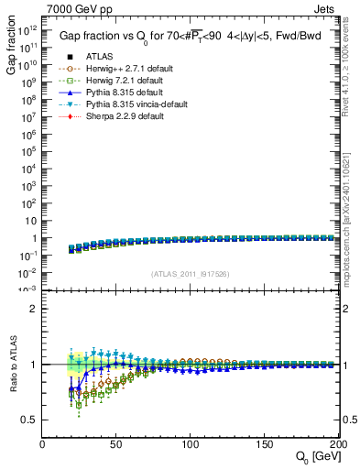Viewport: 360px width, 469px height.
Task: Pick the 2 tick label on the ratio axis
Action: [35, 309]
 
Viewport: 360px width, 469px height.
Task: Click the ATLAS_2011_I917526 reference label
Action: [190, 275]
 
